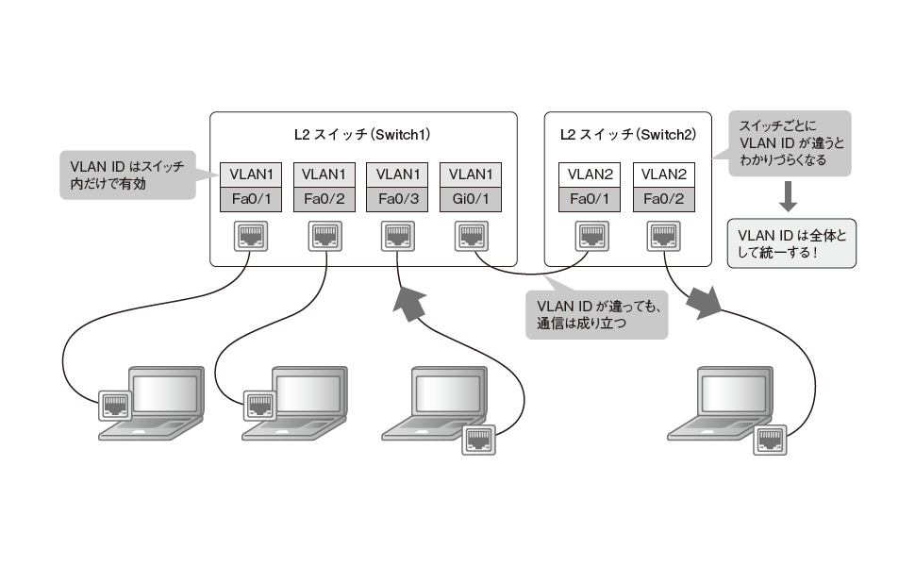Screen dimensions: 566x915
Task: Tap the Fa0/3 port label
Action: [398, 200]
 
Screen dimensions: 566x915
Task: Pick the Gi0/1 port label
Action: [472, 200]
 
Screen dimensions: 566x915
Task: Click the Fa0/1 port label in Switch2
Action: [589, 200]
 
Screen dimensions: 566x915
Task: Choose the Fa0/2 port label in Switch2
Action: [664, 200]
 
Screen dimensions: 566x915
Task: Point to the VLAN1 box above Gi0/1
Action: [472, 175]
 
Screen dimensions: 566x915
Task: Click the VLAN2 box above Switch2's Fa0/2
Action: [664, 175]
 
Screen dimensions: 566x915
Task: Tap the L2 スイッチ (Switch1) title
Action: [363, 135]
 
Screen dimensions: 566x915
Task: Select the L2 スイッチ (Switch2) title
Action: [628, 135]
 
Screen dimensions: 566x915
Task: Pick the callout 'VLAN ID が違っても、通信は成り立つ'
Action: [596, 314]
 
